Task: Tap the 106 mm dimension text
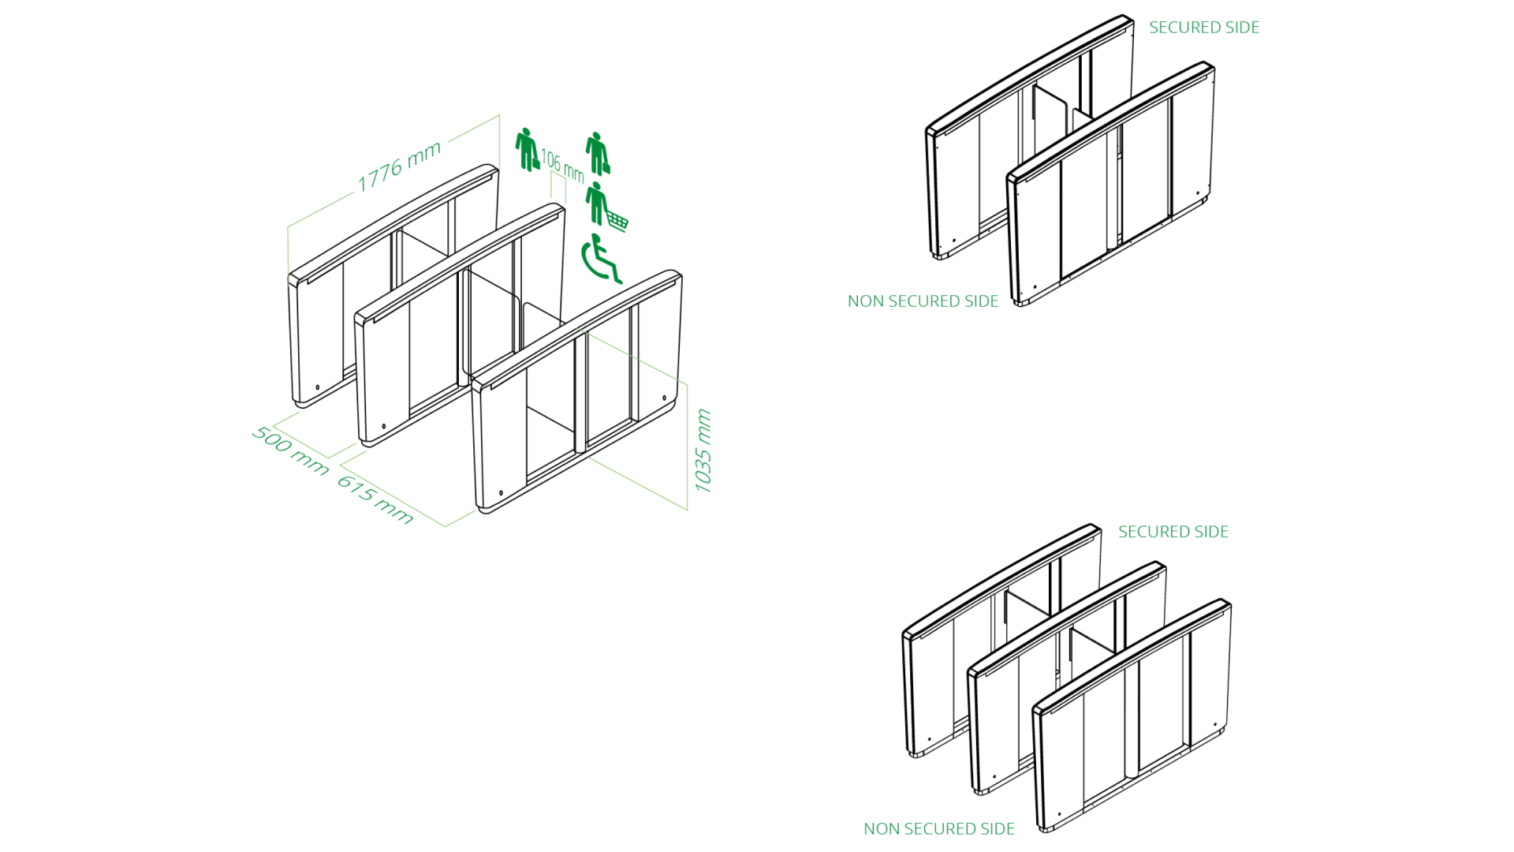coord(562,166)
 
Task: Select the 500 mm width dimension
coord(290,450)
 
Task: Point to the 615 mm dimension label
coord(375,500)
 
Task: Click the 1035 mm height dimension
coord(703,450)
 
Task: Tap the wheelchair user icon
coord(601,259)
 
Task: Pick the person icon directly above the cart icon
coord(598,153)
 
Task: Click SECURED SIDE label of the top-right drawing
coord(1203,28)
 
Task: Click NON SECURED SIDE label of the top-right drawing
coord(923,301)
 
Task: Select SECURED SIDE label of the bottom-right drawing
coord(1173,532)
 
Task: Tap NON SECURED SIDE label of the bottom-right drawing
coord(938,829)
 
